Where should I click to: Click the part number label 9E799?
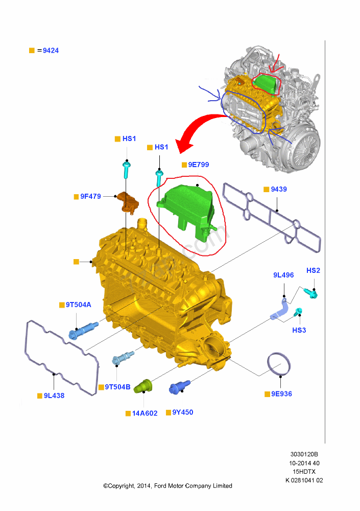coord(199,165)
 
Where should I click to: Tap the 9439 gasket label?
coord(279,189)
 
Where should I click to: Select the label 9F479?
coord(90,196)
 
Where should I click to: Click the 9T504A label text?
coord(79,305)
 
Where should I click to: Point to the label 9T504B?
coord(117,387)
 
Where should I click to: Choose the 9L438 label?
coord(54,396)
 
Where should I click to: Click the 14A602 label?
coord(145,413)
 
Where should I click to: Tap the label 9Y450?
coord(183,412)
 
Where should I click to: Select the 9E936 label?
coord(281,393)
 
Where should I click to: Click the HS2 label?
coord(314,270)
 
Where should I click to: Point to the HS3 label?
coord(299,330)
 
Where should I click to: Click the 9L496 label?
coord(283,275)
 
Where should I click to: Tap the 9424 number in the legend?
coord(51,51)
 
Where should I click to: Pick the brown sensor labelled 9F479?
coord(128,202)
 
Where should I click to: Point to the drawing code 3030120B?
coord(304,454)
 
